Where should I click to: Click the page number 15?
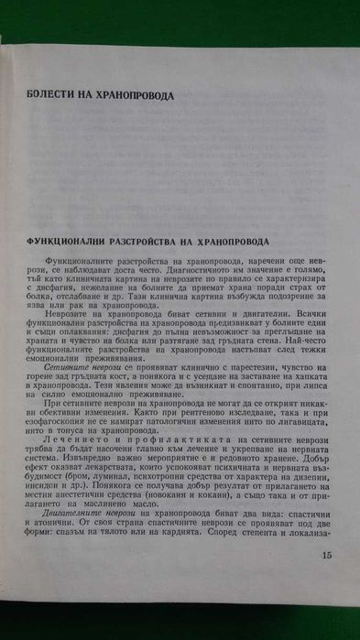click(328, 579)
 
